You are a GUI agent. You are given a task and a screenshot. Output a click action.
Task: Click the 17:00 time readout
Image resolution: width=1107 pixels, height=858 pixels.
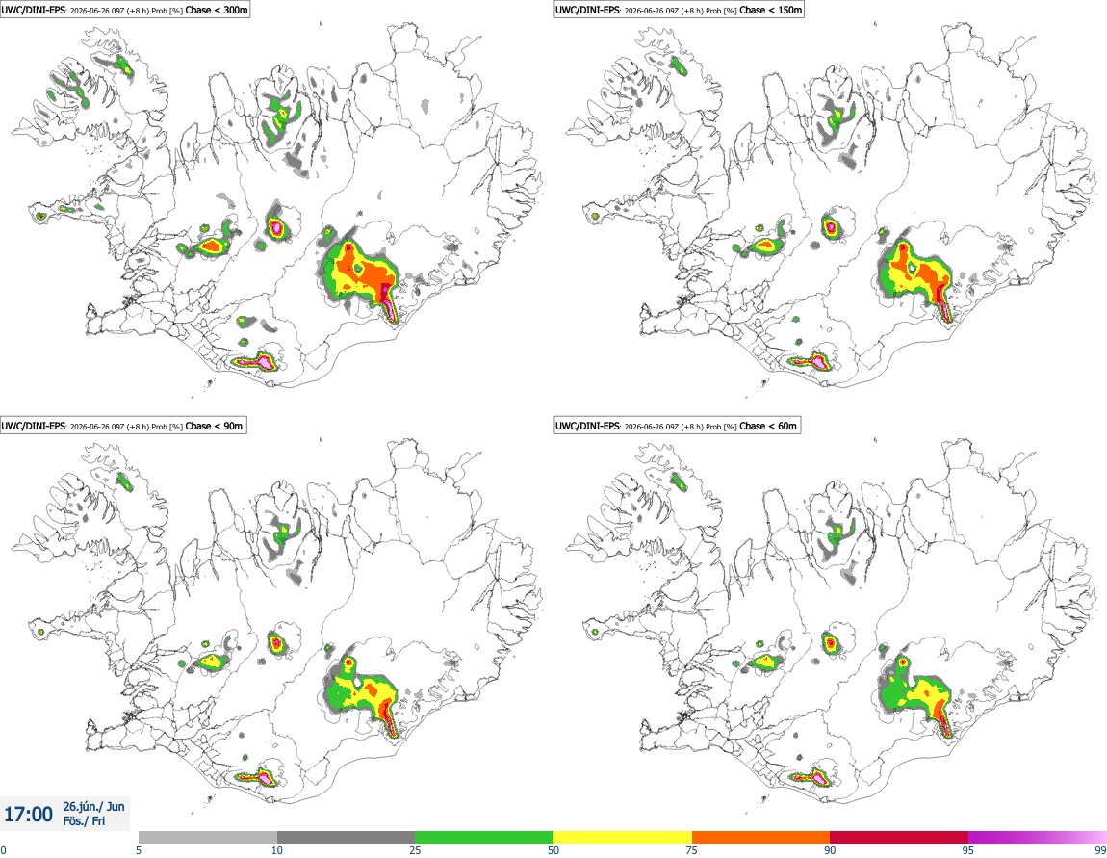[x=28, y=815]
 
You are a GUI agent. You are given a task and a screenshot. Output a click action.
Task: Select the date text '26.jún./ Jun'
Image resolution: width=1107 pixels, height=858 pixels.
[x=94, y=806]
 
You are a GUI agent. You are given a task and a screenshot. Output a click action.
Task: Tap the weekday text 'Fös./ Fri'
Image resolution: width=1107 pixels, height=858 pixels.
[x=84, y=821]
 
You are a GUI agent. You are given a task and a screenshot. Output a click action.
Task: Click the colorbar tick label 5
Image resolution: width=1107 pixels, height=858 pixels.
[x=139, y=850]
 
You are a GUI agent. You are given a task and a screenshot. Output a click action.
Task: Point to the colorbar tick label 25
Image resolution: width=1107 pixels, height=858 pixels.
[x=415, y=850]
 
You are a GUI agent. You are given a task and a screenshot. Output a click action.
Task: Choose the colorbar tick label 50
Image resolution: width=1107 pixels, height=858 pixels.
[x=553, y=850]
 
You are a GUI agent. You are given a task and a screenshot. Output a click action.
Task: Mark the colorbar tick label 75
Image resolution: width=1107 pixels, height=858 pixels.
[x=692, y=850]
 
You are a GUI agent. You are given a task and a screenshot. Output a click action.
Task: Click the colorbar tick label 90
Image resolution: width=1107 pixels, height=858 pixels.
[x=830, y=850]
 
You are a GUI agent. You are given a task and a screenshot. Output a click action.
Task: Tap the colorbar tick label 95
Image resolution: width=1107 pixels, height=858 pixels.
[x=968, y=850]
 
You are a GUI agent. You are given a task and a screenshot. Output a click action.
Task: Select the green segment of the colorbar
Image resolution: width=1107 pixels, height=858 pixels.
[x=484, y=838]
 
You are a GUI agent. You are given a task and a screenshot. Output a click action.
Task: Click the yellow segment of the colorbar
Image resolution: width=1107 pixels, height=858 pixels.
[x=623, y=838]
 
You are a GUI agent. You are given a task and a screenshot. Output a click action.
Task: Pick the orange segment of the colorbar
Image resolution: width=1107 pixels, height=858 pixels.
[x=761, y=838]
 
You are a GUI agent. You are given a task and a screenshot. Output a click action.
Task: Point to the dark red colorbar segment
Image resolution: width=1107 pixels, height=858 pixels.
[x=899, y=838]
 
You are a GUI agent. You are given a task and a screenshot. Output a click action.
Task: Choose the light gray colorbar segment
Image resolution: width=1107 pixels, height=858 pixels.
[x=208, y=838]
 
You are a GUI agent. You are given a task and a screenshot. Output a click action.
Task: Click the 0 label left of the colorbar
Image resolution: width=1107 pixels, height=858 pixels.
[x=4, y=850]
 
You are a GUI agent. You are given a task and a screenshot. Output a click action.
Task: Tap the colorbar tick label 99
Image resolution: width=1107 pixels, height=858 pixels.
[x=1100, y=850]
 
